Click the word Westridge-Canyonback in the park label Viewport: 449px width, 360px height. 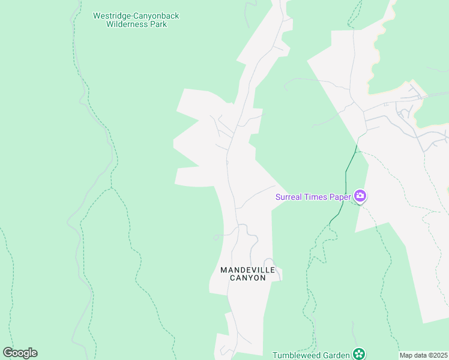coord(136,16)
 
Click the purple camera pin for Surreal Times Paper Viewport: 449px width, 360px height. coord(360,196)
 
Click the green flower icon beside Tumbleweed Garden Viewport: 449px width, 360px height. coord(359,354)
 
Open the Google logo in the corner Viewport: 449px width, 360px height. coord(20,353)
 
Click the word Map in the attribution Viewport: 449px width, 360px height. coord(406,355)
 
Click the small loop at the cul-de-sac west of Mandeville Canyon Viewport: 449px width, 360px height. coord(215,238)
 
